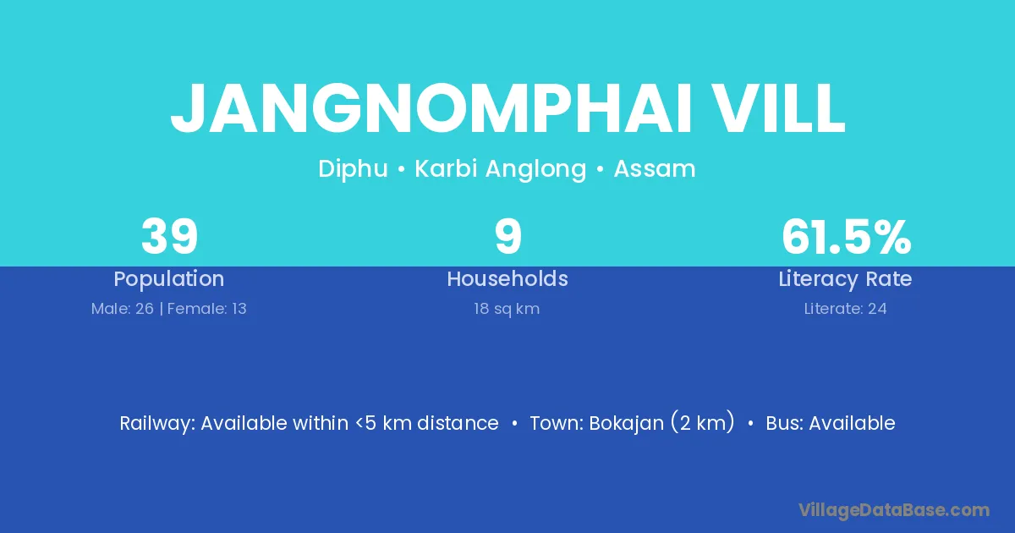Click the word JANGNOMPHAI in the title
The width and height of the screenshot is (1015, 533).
[x=431, y=109]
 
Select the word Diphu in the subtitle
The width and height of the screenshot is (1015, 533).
[x=353, y=169]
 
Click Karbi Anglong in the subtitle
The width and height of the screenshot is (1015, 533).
[x=501, y=169]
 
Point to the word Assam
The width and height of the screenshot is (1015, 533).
[x=655, y=168]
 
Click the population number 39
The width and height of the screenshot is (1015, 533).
[x=169, y=237]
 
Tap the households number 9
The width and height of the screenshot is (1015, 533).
[x=508, y=237]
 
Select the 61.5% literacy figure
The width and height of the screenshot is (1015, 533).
[x=847, y=237]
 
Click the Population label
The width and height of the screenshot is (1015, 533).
[x=169, y=279]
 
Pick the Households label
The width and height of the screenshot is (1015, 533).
[x=507, y=278]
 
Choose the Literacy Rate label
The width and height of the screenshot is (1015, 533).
[x=846, y=279]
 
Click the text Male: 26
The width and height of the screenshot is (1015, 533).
[x=123, y=309]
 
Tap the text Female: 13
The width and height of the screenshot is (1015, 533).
[x=207, y=309]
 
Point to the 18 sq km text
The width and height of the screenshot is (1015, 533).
[x=507, y=309]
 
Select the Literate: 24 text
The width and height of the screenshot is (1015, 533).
[x=846, y=309]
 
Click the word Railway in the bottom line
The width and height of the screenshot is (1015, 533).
[x=157, y=424]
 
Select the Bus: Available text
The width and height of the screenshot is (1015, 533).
[x=831, y=423]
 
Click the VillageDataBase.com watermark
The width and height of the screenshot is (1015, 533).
[x=894, y=510]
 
